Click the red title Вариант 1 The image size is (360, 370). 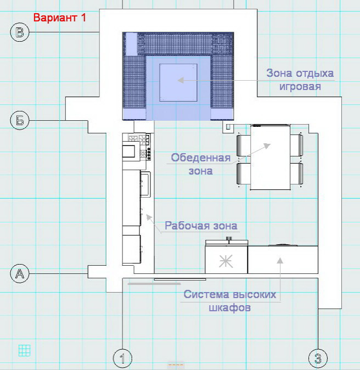coord(60,18)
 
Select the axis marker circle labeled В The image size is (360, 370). coord(20,33)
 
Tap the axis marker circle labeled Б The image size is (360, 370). coord(20,120)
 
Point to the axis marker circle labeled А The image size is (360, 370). coord(20,273)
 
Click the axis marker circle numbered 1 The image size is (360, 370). coord(122,359)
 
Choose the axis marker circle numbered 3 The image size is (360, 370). coord(318,359)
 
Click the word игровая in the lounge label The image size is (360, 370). coord(299,87)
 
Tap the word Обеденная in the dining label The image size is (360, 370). coord(201,158)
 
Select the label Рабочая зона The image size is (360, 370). coord(201,226)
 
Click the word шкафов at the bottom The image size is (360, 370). coord(229,307)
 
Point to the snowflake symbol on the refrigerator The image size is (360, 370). coord(226,261)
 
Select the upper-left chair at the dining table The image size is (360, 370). coord(243,145)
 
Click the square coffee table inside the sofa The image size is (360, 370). coord(178,81)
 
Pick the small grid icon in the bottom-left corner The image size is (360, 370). coord(24,350)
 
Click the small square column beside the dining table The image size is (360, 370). coord(227,127)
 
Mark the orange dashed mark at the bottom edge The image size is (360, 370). coord(175,365)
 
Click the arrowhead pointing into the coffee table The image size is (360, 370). coord(179,80)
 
